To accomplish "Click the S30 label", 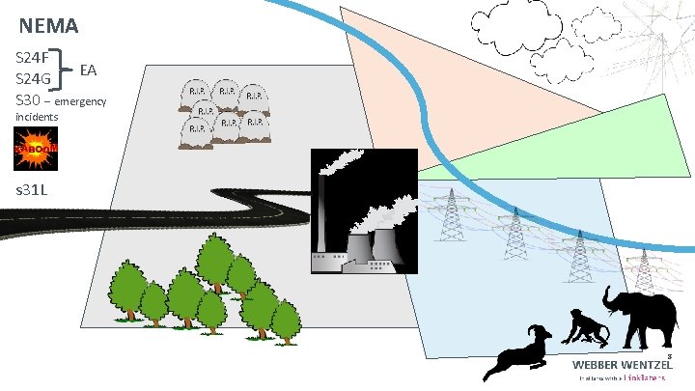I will point(30,100).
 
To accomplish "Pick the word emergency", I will point(81,101).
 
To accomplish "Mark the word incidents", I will point(37,117).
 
